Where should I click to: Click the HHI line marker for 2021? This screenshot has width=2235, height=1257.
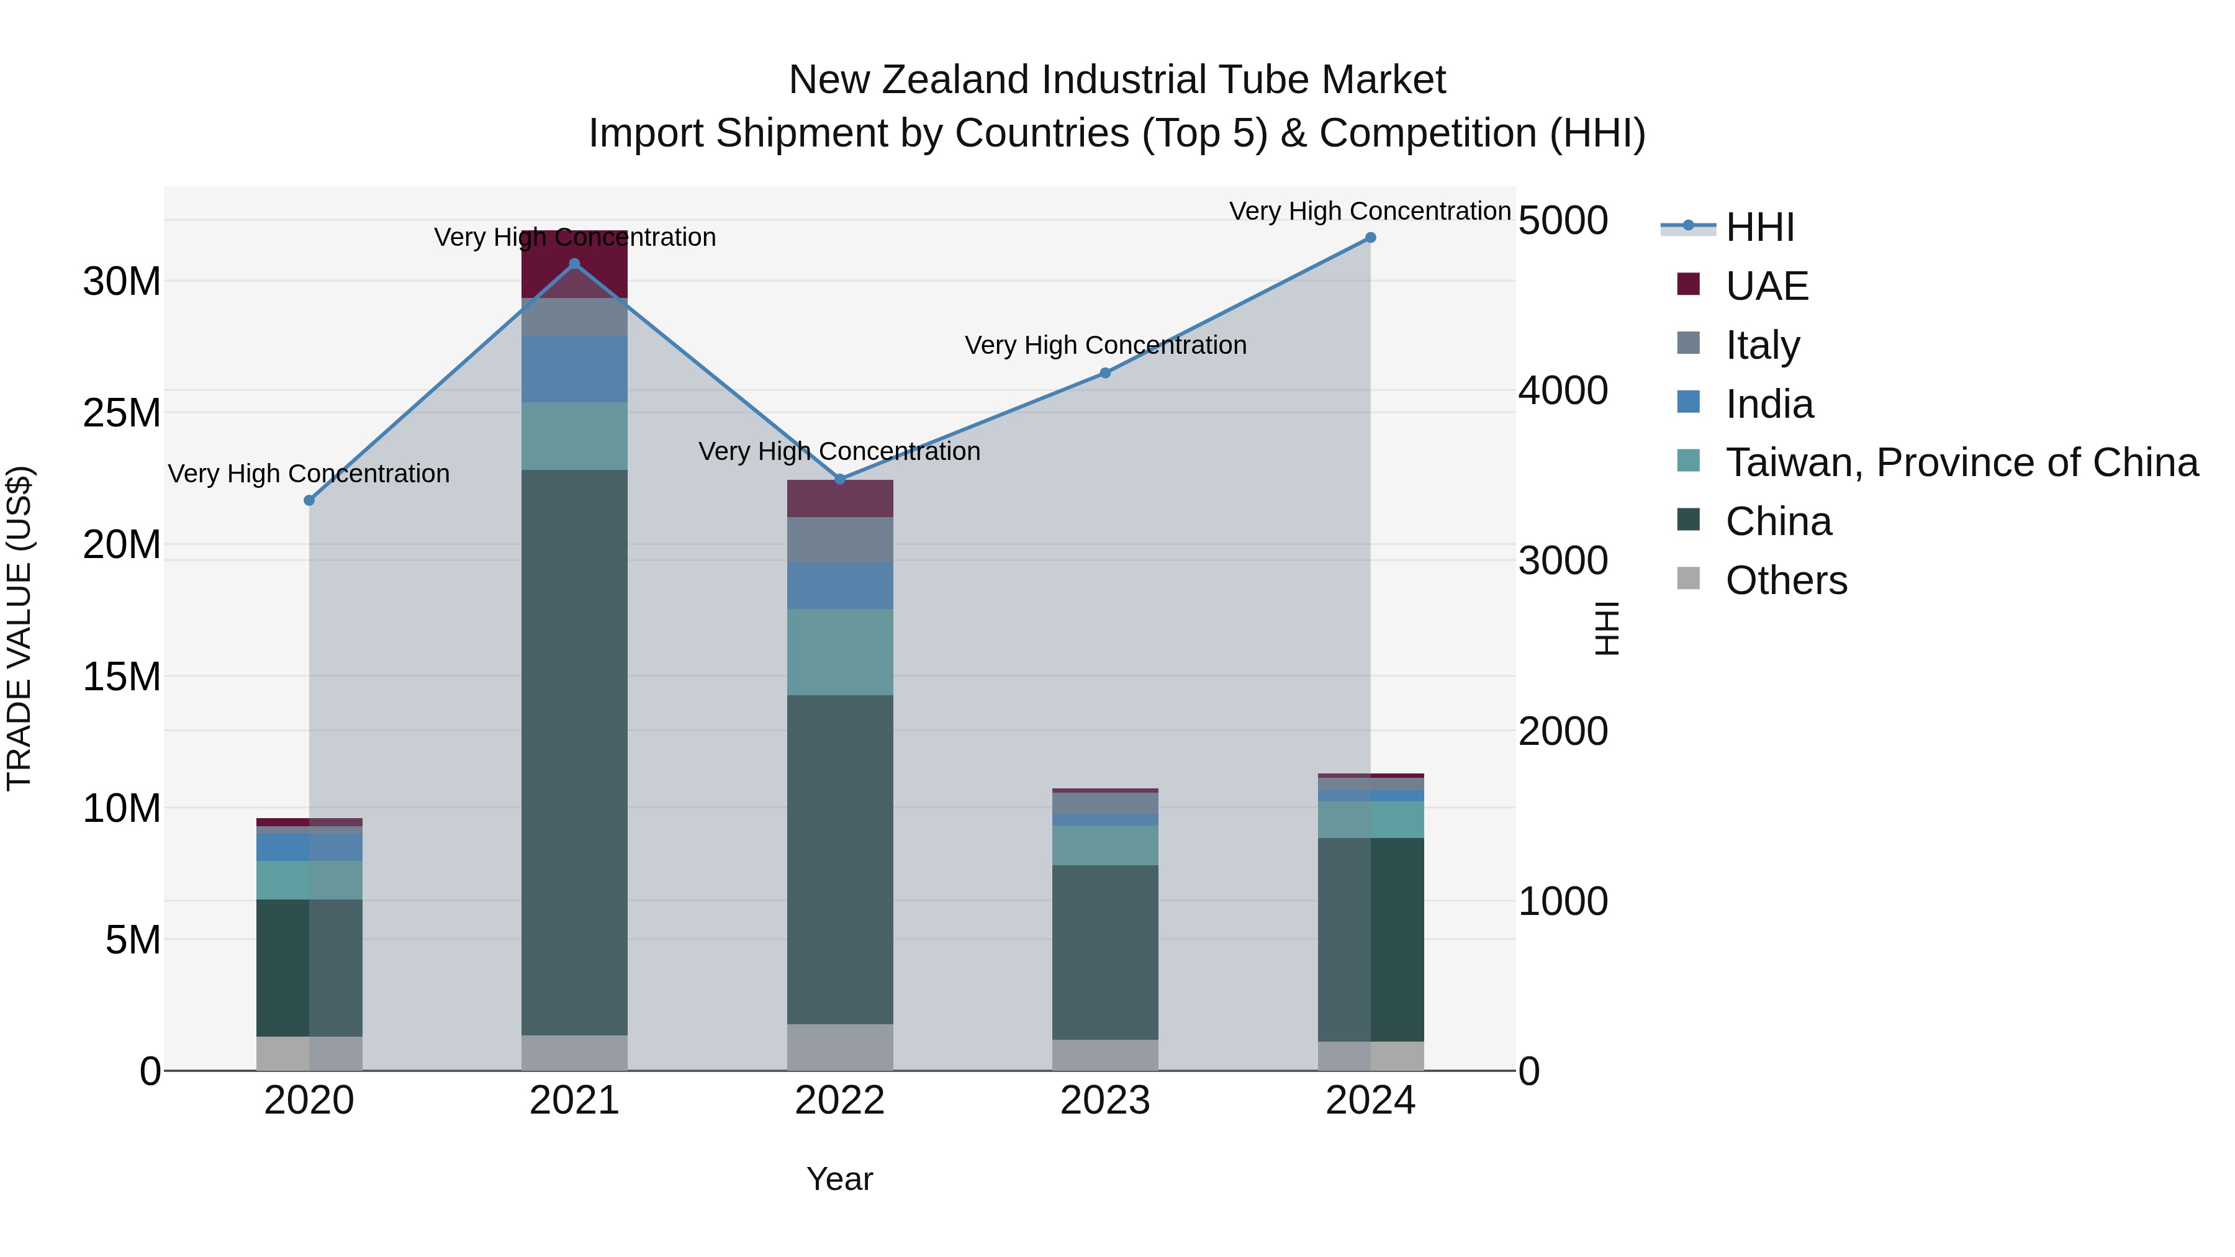coord(574,264)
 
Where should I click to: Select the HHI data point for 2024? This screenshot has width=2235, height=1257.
coord(1370,238)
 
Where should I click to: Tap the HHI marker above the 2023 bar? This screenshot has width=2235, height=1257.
coord(1104,373)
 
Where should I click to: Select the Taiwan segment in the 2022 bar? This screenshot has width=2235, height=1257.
coord(840,652)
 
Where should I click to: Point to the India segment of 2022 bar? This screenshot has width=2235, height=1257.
coord(840,585)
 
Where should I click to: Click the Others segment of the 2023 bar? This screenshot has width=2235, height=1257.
coord(1104,1054)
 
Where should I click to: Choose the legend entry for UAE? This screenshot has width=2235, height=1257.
coord(1766,286)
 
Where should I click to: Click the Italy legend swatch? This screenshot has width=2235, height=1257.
coord(1689,343)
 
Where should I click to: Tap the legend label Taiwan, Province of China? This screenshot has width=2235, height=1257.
coord(1961,462)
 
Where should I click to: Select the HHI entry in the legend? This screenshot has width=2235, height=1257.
coord(1759,227)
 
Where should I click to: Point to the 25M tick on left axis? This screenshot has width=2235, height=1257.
coord(122,413)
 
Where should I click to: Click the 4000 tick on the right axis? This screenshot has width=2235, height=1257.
coord(1563,390)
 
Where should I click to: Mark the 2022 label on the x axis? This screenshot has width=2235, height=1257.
coord(840,1101)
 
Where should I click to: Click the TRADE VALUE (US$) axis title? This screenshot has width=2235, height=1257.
coord(19,628)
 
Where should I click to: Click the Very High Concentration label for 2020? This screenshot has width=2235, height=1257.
coord(309,474)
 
